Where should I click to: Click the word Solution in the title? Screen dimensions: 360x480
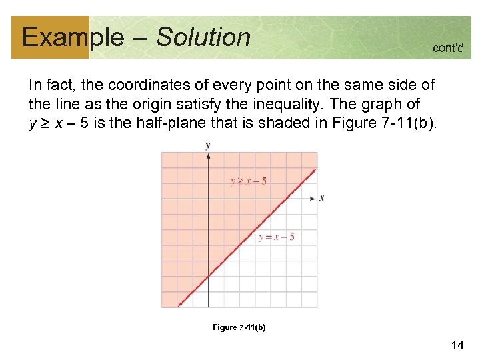point(203,37)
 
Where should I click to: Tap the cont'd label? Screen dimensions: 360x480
point(448,48)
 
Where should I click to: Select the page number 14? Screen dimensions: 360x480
point(457,345)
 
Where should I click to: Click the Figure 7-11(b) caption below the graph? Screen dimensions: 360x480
point(239,327)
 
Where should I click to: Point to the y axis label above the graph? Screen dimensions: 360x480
point(208,145)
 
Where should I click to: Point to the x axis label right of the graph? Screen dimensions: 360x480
point(321,198)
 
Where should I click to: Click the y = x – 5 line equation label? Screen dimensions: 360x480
point(276,237)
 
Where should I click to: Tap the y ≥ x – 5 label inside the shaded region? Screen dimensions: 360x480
point(249,181)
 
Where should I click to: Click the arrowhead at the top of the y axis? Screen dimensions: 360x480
point(209,155)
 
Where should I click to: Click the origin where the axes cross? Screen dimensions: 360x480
point(209,198)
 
